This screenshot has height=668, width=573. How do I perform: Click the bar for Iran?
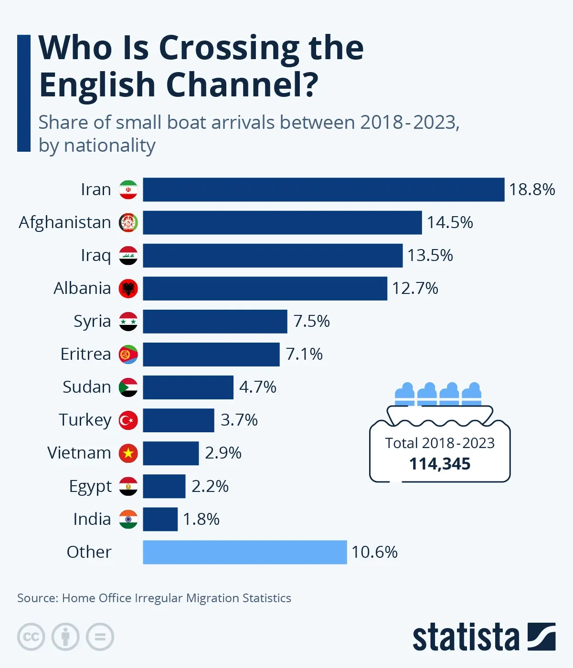click(x=323, y=189)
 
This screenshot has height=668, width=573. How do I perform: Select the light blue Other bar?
click(x=244, y=552)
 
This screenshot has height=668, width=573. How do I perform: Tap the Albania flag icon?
click(x=128, y=289)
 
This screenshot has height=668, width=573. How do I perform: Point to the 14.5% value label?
click(x=450, y=222)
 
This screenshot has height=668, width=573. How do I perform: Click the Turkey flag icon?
click(x=128, y=420)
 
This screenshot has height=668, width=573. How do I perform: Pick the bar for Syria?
click(x=215, y=321)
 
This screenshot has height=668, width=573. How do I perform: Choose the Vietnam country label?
click(x=79, y=453)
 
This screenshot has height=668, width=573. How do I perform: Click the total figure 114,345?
click(x=440, y=464)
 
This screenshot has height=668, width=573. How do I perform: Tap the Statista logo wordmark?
click(x=466, y=637)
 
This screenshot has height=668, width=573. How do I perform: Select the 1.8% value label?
click(x=201, y=519)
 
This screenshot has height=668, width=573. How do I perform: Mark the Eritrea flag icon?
click(x=128, y=355)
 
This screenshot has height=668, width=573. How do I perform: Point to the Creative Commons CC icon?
click(x=31, y=637)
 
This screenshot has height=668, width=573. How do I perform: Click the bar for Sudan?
click(x=188, y=387)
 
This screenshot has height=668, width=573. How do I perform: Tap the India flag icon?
click(x=128, y=519)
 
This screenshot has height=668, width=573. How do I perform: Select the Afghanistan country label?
click(x=65, y=222)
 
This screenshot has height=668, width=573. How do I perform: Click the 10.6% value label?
click(x=374, y=552)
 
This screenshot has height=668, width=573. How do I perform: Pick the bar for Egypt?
click(x=164, y=486)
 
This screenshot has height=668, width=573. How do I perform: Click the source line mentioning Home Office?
click(x=154, y=598)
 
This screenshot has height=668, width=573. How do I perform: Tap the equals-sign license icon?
click(x=100, y=637)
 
